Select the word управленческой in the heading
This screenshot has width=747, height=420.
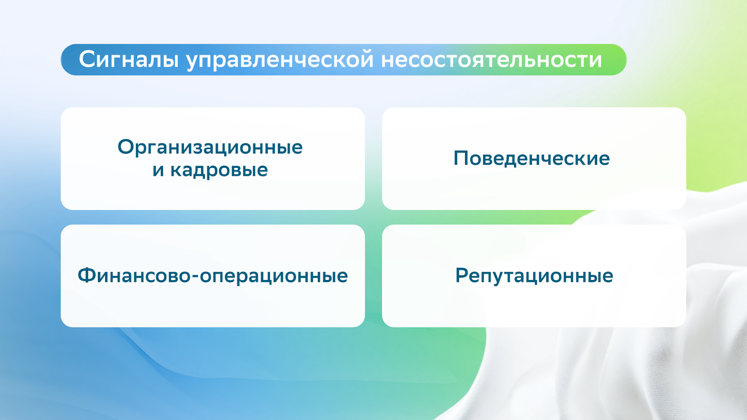point(280,61)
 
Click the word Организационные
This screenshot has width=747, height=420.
point(210,147)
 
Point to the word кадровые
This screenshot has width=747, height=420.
point(219,170)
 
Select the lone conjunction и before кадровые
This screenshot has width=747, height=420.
point(158,170)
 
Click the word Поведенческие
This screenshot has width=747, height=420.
point(532,158)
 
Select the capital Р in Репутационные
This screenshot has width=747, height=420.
point(463,275)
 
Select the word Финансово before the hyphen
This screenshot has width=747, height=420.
point(134,275)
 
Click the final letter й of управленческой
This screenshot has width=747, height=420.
point(366,58)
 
